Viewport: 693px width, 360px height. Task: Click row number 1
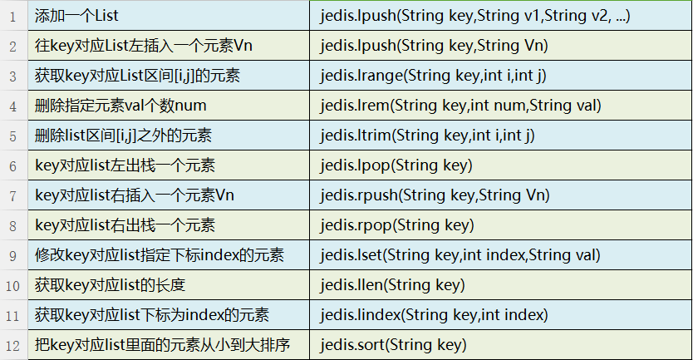click(x=12, y=17)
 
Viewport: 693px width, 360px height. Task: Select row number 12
click(x=12, y=345)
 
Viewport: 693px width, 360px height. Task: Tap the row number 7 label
click(x=12, y=196)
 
